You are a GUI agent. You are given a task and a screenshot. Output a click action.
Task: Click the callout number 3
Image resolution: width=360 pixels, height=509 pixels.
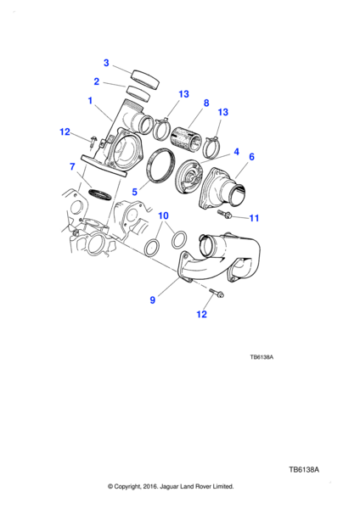[x=106, y=63]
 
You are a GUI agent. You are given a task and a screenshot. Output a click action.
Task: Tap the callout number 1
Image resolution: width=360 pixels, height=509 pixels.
[x=90, y=101]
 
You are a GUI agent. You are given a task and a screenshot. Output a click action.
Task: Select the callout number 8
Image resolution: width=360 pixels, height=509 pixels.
[x=206, y=103]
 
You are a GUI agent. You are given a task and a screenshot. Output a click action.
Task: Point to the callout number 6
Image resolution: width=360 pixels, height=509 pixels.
[x=251, y=157]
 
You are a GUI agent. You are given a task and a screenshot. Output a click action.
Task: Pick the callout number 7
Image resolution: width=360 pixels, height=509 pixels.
[x=72, y=167]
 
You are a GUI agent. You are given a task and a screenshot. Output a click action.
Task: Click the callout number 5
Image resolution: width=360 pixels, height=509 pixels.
[x=134, y=192]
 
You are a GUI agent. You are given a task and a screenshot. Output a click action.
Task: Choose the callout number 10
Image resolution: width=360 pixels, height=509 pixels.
[x=163, y=215]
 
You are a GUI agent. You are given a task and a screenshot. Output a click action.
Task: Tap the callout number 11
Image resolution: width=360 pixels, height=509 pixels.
[x=254, y=218]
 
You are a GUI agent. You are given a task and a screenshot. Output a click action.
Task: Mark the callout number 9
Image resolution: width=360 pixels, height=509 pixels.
[x=152, y=300]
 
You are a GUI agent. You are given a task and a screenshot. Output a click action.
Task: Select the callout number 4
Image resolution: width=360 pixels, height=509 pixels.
[x=236, y=152]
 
